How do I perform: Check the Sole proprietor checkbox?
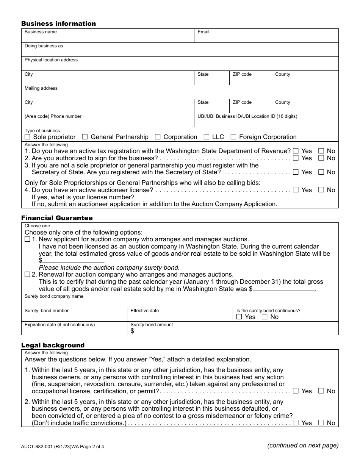(x=27, y=137)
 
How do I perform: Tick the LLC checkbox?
(x=207, y=137)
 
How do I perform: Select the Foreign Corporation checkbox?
(x=233, y=137)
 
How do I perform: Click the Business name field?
(x=108, y=38)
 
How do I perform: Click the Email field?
(x=266, y=38)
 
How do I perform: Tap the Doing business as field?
(x=180, y=52)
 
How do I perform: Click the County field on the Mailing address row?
(x=305, y=108)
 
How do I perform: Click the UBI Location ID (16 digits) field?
(x=266, y=122)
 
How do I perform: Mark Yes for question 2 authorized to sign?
(x=296, y=158)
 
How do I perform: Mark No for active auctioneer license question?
(x=321, y=190)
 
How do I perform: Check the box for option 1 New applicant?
(x=27, y=239)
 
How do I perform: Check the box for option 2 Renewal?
(x=27, y=274)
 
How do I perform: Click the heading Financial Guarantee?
(x=57, y=218)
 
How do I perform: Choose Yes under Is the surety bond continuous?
(x=239, y=317)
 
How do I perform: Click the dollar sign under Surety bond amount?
(x=132, y=331)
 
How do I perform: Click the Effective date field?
(x=180, y=317)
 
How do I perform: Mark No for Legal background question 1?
(x=321, y=391)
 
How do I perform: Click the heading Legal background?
(x=53, y=345)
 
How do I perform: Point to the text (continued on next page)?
(x=303, y=445)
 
